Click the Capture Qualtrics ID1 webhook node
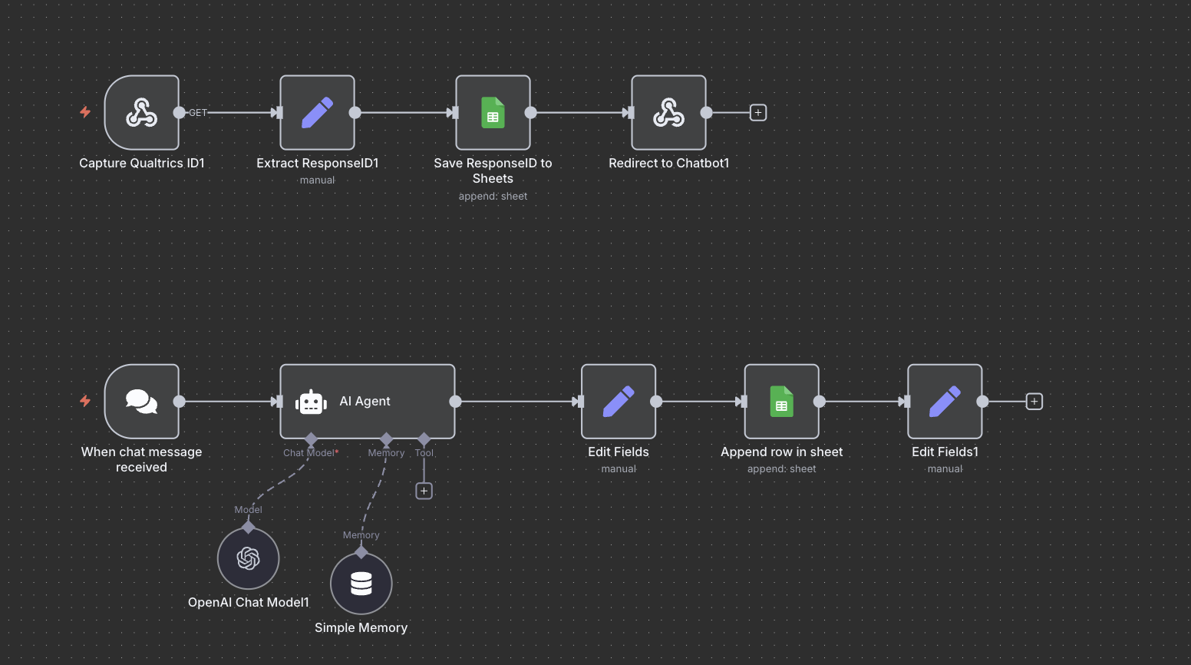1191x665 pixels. point(142,113)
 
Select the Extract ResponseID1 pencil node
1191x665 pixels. point(317,113)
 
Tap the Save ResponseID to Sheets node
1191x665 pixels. point(493,113)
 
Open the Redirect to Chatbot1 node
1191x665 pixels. point(668,113)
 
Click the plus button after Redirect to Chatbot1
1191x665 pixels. point(758,113)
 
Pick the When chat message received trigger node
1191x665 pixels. point(142,402)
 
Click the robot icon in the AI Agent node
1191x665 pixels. point(311,402)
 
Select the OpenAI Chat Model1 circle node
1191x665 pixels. point(248,558)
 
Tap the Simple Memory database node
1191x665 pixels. point(361,584)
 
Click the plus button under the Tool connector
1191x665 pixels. point(424,491)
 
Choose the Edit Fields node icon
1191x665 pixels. point(619,402)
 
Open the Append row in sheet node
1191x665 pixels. point(781,402)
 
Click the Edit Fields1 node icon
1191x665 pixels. point(945,402)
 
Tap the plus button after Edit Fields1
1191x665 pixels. point(1034,402)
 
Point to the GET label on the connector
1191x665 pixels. point(198,113)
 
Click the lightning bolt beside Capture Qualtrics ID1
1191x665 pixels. point(85,112)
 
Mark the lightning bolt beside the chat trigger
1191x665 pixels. point(85,401)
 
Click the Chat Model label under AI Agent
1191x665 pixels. point(308,453)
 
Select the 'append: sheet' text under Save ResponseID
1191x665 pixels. point(493,197)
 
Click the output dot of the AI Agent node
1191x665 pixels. point(455,402)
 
